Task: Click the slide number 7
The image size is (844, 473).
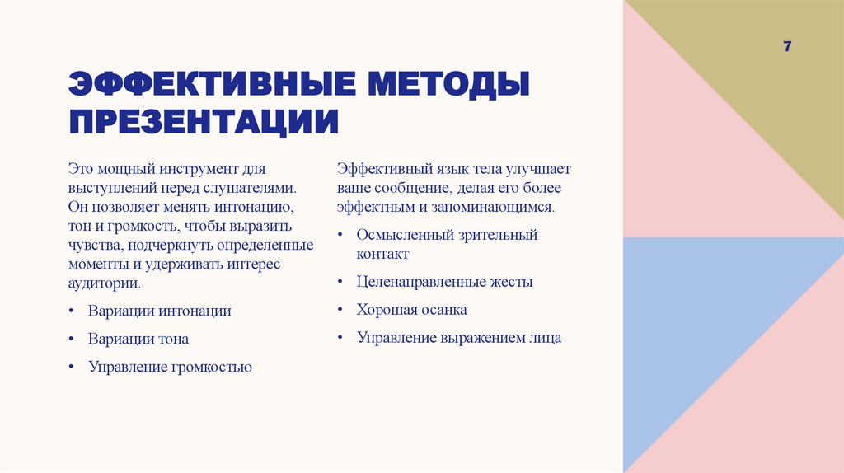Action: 787,47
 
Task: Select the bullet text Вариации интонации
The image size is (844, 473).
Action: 160,311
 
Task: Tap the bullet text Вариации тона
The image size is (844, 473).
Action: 138,339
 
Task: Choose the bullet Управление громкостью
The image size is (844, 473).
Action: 170,367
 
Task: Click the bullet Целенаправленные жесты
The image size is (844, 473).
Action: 444,282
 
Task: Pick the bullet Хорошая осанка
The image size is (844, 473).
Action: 411,310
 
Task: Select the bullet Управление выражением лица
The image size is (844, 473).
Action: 458,338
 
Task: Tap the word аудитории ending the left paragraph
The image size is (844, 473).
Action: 103,283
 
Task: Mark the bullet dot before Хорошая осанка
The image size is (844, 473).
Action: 340,311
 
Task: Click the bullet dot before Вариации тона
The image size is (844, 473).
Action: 72,340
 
